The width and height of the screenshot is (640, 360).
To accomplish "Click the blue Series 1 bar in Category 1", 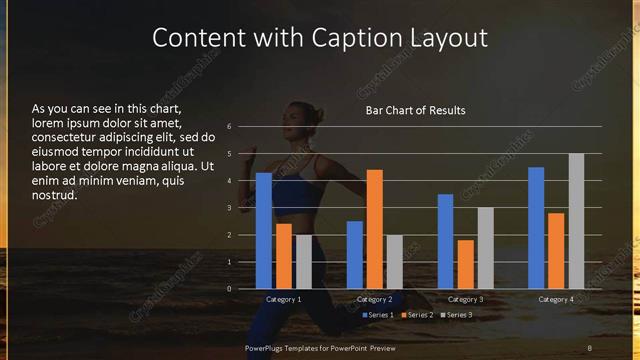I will [264, 231].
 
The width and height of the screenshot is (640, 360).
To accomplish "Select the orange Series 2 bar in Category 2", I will [374, 229].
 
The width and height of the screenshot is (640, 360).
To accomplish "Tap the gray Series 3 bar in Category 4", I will [576, 221].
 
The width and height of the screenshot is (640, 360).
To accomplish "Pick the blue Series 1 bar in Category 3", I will [445, 241].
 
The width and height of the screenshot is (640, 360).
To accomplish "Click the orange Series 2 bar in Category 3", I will [465, 264].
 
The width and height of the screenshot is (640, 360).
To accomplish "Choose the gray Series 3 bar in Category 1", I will [303, 262].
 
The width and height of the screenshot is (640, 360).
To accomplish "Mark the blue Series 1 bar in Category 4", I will [536, 228].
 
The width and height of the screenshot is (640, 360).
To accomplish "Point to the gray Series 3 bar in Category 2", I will [394, 262].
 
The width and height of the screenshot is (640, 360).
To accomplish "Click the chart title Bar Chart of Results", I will [415, 110].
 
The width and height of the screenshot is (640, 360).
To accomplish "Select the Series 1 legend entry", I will [377, 315].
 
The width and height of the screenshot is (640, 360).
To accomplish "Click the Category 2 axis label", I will [374, 300].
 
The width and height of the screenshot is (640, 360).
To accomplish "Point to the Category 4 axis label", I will [555, 300].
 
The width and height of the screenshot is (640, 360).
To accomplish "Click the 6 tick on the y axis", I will [229, 127].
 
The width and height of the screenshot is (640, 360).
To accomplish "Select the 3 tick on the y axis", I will [229, 208].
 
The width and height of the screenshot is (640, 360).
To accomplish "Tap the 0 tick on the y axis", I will [229, 289].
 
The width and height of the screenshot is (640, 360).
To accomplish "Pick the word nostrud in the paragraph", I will [55, 195].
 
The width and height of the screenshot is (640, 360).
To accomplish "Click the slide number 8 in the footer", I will [590, 347].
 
